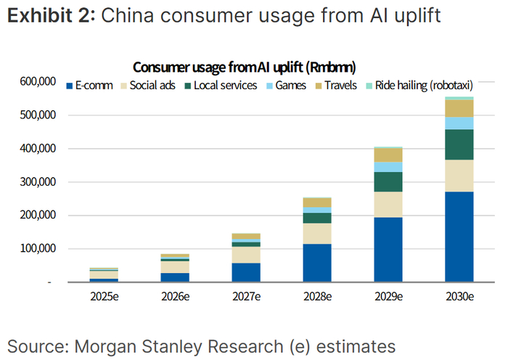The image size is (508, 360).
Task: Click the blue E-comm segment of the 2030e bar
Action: pyautogui.click(x=459, y=237)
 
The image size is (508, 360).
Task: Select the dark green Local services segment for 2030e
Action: pyautogui.click(x=459, y=144)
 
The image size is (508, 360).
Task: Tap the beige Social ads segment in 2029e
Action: pyautogui.click(x=388, y=205)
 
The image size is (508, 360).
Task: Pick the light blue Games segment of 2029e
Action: pyautogui.click(x=388, y=167)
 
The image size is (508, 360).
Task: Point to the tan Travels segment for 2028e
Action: pyautogui.click(x=317, y=202)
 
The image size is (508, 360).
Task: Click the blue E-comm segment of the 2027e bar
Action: pyautogui.click(x=246, y=272)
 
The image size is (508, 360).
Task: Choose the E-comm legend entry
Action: pyautogui.click(x=89, y=86)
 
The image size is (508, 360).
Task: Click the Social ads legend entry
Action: pyautogui.click(x=148, y=86)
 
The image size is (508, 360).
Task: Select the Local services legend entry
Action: pyautogui.click(x=221, y=86)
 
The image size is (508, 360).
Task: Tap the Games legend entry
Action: pyautogui.click(x=287, y=86)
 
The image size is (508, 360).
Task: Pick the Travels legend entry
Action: pyautogui.click(x=336, y=86)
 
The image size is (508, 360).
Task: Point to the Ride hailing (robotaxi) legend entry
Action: pyautogui.click(x=419, y=86)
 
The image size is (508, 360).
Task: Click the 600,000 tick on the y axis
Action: pyautogui.click(x=38, y=81)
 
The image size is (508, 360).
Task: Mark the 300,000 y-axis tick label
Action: pyautogui.click(x=38, y=181)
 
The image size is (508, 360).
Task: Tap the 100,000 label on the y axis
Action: pyautogui.click(x=38, y=248)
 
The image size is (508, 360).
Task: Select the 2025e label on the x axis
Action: pyautogui.click(x=105, y=296)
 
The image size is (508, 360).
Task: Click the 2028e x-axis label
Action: pyautogui.click(x=318, y=296)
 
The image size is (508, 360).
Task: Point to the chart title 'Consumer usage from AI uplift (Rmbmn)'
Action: pyautogui.click(x=245, y=67)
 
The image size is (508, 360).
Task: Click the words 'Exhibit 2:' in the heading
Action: pyautogui.click(x=52, y=15)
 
